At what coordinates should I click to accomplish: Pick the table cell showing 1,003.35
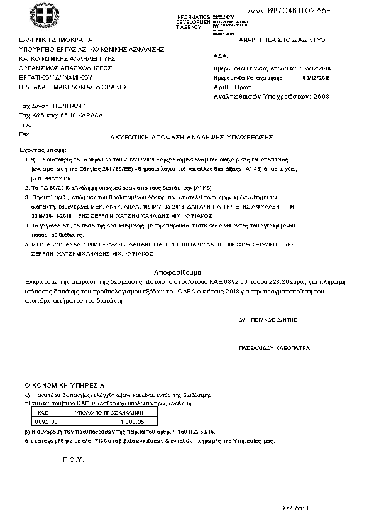tap(132, 422)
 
